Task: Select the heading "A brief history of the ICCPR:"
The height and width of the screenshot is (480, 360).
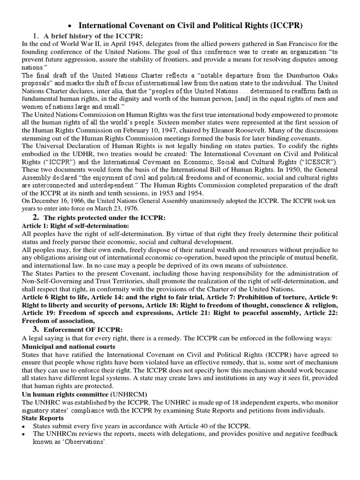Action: (94, 37)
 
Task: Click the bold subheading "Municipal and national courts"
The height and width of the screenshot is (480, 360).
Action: (68, 346)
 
